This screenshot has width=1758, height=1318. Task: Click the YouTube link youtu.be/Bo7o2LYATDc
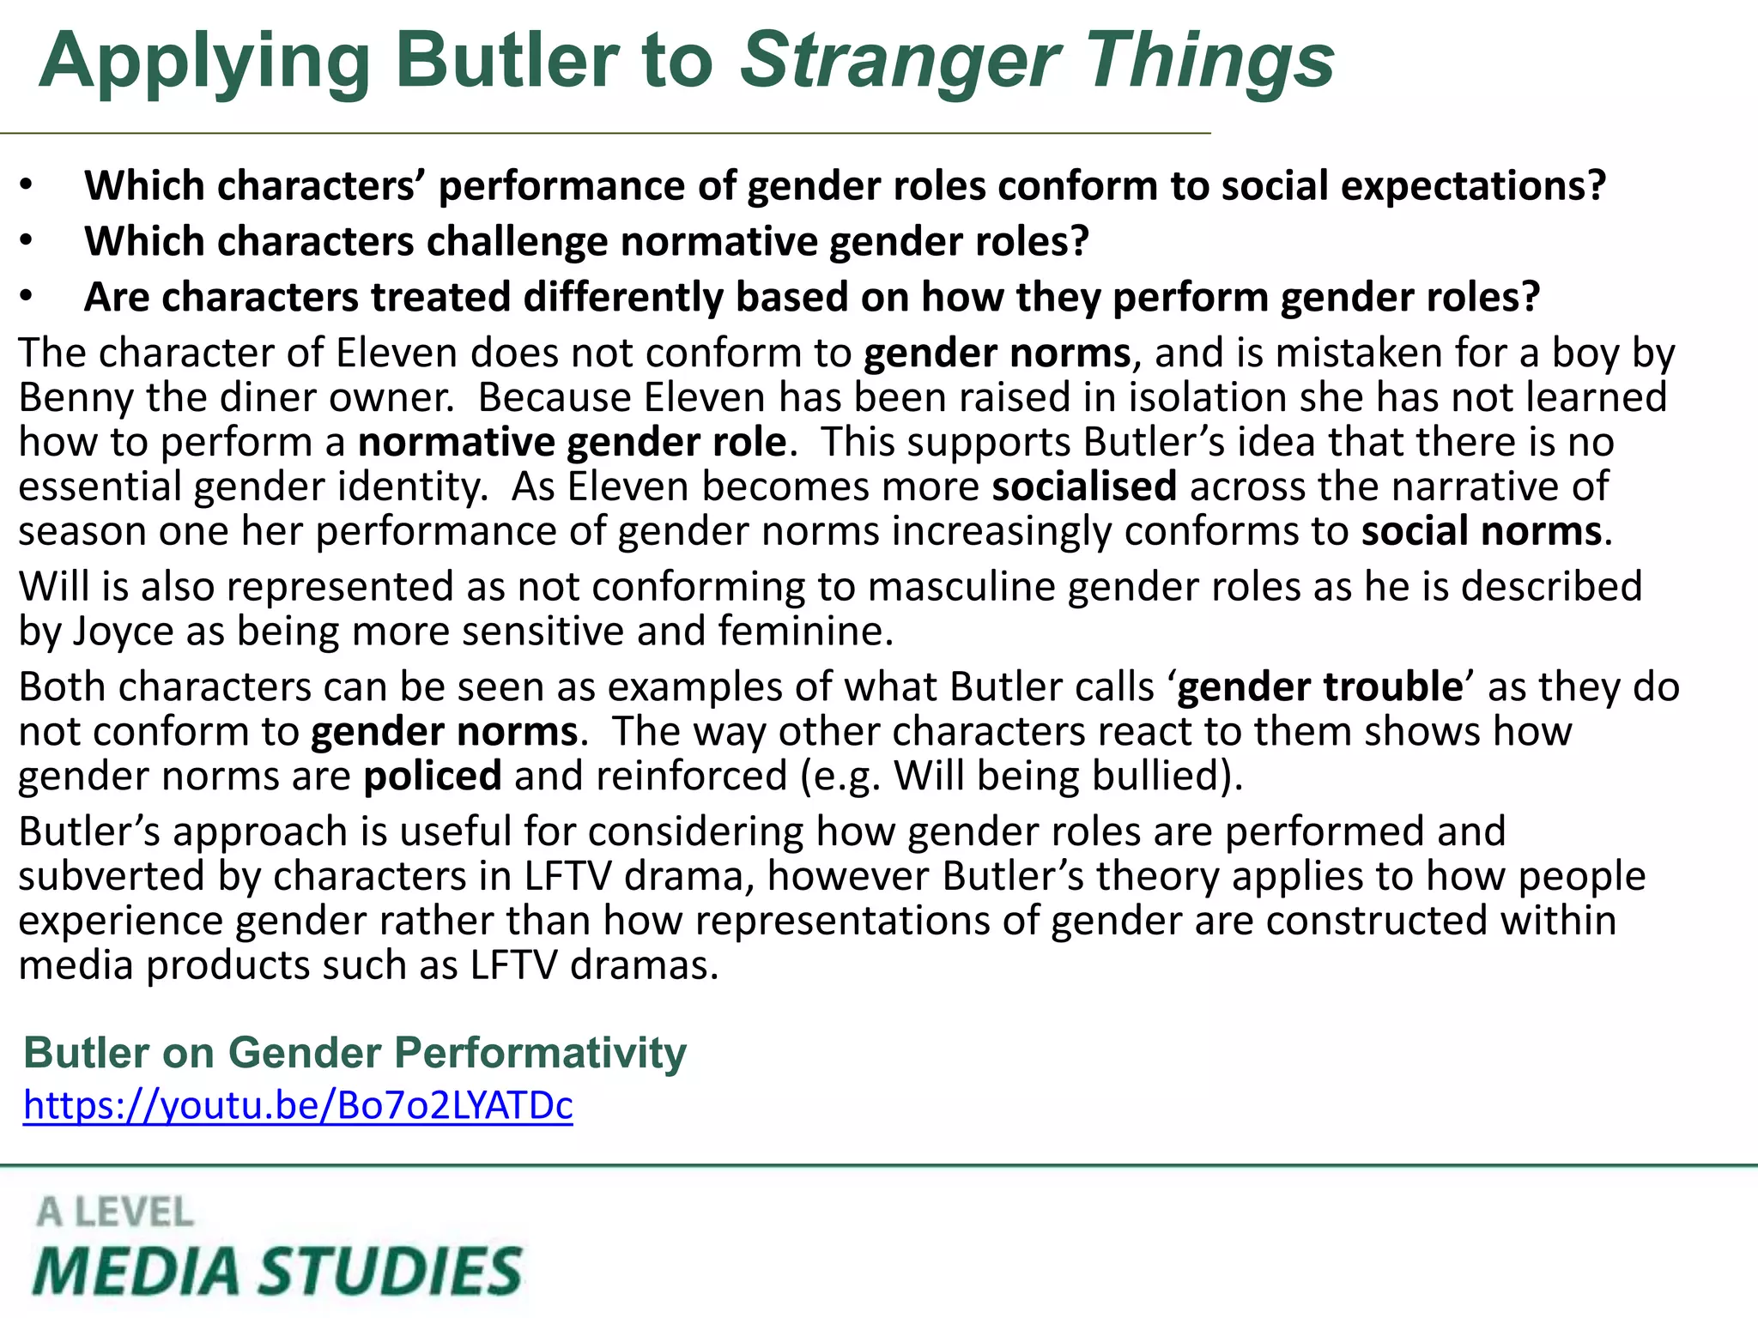point(298,1105)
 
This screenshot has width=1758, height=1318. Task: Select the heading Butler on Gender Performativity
point(355,1052)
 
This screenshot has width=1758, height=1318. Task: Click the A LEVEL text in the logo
point(115,1212)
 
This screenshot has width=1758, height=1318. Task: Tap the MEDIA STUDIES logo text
point(276,1271)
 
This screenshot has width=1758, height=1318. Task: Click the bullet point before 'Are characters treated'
point(27,297)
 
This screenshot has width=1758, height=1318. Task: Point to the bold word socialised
point(1084,487)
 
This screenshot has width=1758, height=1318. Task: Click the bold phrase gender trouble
point(1319,687)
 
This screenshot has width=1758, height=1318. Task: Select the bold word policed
point(433,777)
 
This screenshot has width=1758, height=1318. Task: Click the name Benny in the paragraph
point(76,398)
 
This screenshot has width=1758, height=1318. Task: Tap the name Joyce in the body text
point(123,632)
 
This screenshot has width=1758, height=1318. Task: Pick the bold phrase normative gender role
point(572,443)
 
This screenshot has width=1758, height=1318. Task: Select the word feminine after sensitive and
point(806,632)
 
